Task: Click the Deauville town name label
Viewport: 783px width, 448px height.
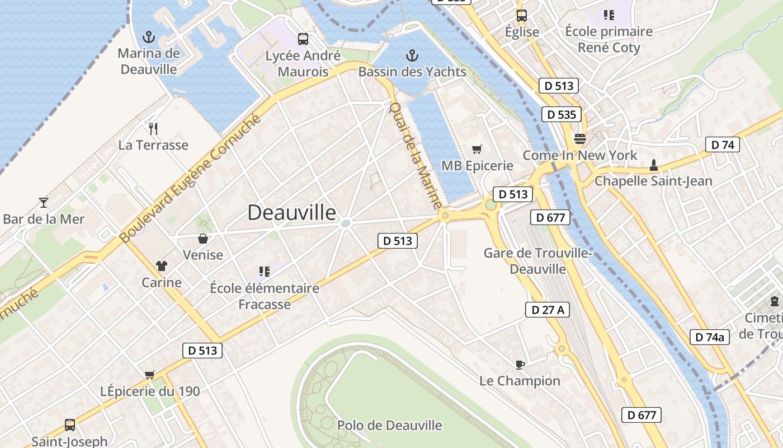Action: click(x=292, y=213)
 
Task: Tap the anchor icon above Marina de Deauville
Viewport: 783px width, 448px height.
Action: click(x=148, y=38)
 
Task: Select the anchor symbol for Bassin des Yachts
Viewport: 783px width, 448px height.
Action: click(x=412, y=55)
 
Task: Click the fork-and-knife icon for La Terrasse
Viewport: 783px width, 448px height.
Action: click(x=153, y=129)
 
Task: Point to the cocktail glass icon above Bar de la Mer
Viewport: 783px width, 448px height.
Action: click(x=44, y=202)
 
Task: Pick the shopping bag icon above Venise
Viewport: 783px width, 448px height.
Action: click(x=203, y=239)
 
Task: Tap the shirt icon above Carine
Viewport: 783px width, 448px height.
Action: click(x=162, y=266)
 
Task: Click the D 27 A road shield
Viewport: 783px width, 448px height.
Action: click(x=547, y=310)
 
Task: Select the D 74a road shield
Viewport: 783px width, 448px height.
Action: click(x=710, y=337)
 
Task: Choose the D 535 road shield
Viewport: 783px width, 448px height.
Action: click(x=562, y=115)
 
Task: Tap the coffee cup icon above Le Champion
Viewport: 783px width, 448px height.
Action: click(x=520, y=365)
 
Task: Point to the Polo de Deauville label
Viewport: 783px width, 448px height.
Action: click(x=389, y=426)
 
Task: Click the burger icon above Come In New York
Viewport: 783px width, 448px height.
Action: click(x=580, y=139)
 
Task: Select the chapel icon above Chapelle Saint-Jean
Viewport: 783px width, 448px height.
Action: click(x=653, y=165)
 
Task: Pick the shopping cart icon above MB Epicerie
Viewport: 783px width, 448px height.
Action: click(x=477, y=149)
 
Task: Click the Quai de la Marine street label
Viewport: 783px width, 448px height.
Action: click(x=416, y=155)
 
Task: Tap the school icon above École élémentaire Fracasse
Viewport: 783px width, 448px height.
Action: click(x=265, y=272)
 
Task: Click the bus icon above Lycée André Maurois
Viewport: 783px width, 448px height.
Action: click(x=303, y=39)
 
